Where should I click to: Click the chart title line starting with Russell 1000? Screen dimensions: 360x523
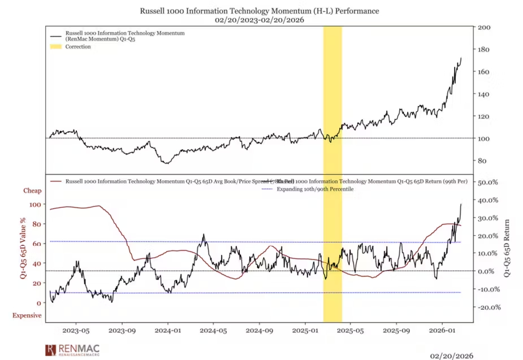pos(260,11)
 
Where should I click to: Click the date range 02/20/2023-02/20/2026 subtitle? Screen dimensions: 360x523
pos(260,20)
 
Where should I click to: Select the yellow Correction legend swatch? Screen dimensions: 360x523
pos(55,47)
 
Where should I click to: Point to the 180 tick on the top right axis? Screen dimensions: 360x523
pos(484,49)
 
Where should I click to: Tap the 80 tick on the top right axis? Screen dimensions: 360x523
pos(482,161)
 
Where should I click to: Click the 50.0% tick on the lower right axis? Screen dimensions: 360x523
pos(488,183)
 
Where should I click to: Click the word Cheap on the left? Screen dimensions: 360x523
pos(32,191)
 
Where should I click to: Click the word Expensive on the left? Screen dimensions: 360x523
pos(27,315)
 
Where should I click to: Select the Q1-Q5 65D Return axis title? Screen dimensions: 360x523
pos(507,248)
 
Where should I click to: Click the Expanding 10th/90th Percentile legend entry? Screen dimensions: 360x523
pos(314,189)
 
